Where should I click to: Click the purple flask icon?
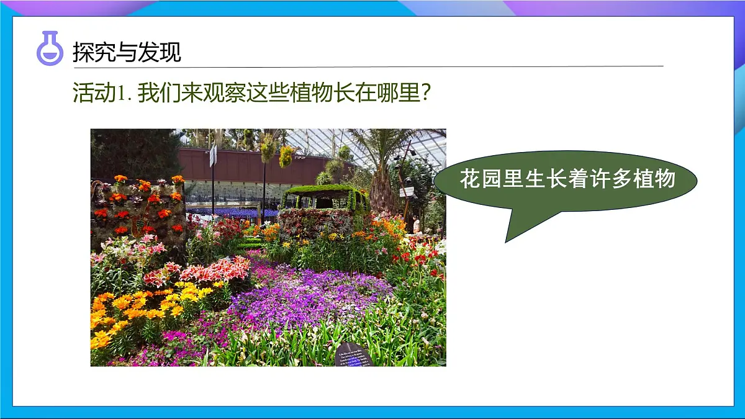(50, 49)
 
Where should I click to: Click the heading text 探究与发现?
(127, 52)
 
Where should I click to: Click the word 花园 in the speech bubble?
(481, 179)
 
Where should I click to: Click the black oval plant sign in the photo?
(353, 356)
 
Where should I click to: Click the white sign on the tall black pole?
(213, 155)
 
